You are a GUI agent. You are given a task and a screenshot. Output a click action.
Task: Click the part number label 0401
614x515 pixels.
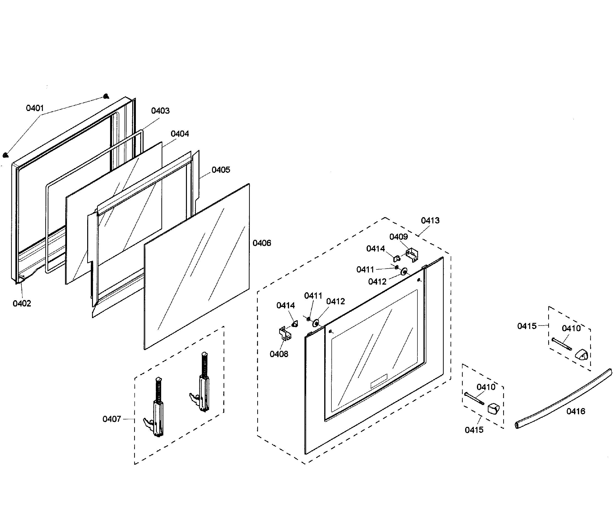coord(35,108)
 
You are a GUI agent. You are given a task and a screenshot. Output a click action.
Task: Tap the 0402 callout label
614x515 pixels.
coord(22,303)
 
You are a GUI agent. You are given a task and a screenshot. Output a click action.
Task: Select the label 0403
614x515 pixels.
coord(160,111)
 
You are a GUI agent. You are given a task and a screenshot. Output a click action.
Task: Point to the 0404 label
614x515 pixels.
coord(180,134)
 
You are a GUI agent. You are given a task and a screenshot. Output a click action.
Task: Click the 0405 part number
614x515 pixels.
coord(221,170)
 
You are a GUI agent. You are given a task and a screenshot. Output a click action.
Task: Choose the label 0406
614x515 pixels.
coord(262,243)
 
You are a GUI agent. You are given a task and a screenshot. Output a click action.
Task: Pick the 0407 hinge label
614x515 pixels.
coord(112,419)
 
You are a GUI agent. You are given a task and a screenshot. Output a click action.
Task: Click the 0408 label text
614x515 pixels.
coord(279,354)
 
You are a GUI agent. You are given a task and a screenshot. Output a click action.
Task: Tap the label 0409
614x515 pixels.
coord(398,237)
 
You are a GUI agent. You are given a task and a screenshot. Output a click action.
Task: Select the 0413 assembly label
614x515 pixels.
coord(430,221)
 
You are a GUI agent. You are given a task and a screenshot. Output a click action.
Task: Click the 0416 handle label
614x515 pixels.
coord(576,411)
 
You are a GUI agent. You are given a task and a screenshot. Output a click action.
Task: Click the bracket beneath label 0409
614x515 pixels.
coord(412,255)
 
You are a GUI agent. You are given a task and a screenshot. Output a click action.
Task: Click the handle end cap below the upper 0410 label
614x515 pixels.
coord(581,355)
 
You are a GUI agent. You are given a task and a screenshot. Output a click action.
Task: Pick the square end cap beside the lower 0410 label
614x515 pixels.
coord(493,408)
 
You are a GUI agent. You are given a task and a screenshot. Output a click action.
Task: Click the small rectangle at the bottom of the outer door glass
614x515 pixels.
coord(379,381)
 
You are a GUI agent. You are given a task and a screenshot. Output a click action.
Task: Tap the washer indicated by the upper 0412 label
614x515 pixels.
coord(404,272)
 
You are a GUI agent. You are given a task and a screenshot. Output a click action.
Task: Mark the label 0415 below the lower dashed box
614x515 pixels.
coord(474,430)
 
